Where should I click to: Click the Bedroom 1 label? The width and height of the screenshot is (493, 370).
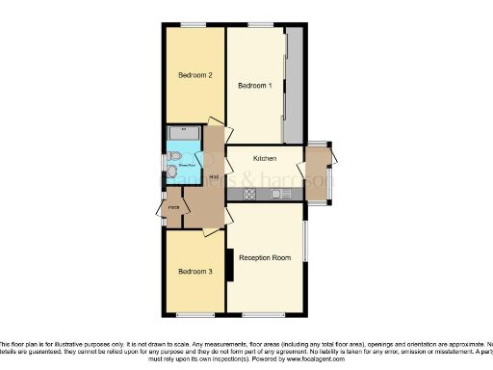tap(255, 86)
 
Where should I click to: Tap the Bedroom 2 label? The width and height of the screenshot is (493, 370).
tap(195, 75)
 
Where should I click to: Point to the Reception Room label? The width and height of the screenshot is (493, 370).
tap(265, 257)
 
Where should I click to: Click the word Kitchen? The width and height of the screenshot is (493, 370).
tap(265, 158)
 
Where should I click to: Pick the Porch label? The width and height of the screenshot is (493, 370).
tap(174, 207)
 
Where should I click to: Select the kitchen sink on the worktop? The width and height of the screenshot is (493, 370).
tap(279, 194)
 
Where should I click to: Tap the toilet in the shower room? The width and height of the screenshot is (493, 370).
tap(173, 157)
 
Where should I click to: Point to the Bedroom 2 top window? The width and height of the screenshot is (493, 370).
tap(195, 25)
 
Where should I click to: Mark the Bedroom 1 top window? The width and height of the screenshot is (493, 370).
tap(258, 25)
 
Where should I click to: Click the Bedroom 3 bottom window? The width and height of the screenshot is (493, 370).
tap(195, 315)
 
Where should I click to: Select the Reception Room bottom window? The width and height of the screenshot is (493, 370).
tap(262, 315)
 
